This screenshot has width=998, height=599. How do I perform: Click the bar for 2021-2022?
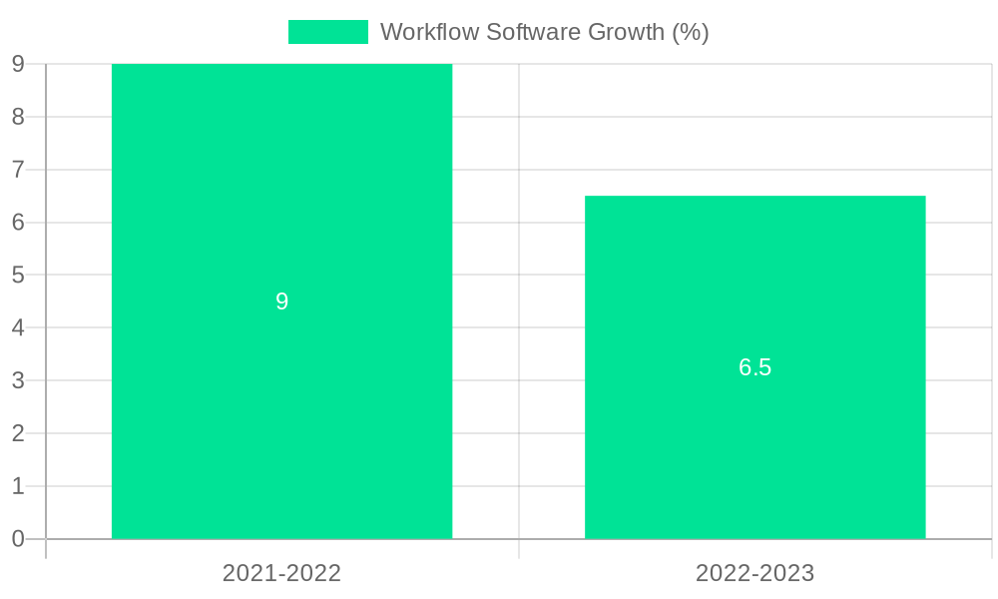click(x=281, y=200)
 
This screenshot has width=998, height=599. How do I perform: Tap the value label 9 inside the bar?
click(x=281, y=301)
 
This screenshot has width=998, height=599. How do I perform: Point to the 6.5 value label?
click(x=754, y=367)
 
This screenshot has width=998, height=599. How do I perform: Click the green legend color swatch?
click(x=327, y=32)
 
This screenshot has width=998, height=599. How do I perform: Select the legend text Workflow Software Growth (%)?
click(x=544, y=32)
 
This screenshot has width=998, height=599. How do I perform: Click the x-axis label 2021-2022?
click(x=281, y=573)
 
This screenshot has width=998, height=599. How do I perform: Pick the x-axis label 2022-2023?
click(x=754, y=573)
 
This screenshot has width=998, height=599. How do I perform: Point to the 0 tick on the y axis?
click(x=18, y=539)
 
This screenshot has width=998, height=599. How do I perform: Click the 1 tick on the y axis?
click(x=18, y=486)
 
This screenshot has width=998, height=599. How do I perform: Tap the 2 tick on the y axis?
click(x=18, y=433)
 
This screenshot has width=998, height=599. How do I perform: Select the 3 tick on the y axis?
click(x=18, y=380)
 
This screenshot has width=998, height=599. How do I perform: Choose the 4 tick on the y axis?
click(x=18, y=327)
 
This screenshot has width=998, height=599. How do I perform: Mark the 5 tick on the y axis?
click(x=18, y=275)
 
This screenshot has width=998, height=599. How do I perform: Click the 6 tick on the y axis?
click(x=18, y=223)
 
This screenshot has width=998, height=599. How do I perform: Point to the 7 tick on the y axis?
click(x=18, y=170)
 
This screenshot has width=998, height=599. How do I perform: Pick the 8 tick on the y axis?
click(x=18, y=117)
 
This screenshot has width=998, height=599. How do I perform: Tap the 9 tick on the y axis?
click(x=18, y=65)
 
